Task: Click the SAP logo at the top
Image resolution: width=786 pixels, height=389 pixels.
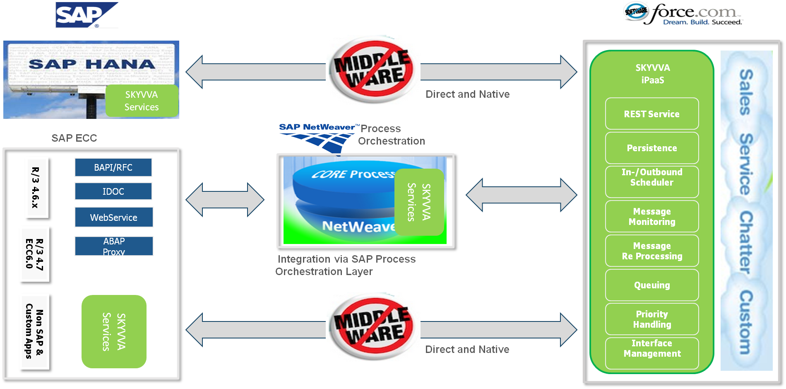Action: click(87, 15)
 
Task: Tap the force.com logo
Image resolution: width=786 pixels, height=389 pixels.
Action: click(683, 14)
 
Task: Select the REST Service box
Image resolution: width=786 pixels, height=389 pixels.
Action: click(652, 114)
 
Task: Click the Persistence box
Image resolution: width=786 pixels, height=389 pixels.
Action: click(652, 148)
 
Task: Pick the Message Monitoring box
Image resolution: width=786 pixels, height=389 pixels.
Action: click(652, 216)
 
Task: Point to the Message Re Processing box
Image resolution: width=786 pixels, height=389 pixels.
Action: click(652, 251)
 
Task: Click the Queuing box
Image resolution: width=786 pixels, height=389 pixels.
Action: click(652, 285)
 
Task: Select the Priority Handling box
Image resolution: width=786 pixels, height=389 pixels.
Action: click(652, 319)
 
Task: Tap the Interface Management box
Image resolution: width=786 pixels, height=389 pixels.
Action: click(652, 353)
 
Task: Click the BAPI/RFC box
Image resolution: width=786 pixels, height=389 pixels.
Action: click(113, 167)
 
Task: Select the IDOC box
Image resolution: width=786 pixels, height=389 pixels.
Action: click(113, 191)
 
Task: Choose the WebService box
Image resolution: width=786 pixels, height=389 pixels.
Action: click(114, 217)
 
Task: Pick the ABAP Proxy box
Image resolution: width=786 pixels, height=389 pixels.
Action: click(114, 246)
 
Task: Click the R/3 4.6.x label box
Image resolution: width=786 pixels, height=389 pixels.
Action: click(36, 187)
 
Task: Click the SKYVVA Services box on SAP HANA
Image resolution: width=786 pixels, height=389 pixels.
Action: click(142, 101)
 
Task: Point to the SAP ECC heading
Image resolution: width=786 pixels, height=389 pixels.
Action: click(74, 138)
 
